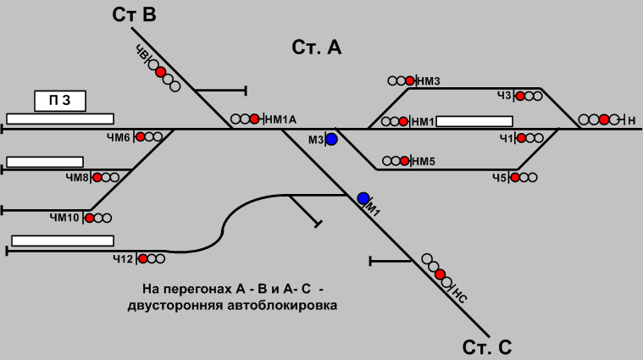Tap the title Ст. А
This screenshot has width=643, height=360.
[x=316, y=47]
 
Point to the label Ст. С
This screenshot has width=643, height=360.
[x=487, y=347]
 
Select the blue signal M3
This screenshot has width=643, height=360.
[x=332, y=139]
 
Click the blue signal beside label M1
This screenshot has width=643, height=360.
[x=363, y=198]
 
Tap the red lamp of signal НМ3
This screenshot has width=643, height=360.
[x=410, y=81]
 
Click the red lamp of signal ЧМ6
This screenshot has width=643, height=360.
[x=140, y=136]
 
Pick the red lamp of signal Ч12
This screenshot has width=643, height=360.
[x=142, y=258]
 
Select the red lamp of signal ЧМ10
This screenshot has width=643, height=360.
[x=89, y=218]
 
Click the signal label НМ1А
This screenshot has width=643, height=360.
[x=281, y=119]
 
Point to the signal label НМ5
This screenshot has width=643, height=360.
[x=424, y=160]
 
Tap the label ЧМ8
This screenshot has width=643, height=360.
[x=76, y=177]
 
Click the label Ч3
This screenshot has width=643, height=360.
[x=505, y=96]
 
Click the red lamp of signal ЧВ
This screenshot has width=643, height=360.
[x=160, y=72]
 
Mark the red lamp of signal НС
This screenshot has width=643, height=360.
[x=440, y=274]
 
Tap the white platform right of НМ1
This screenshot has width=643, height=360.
[x=474, y=120]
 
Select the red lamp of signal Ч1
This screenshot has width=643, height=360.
[x=519, y=136]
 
